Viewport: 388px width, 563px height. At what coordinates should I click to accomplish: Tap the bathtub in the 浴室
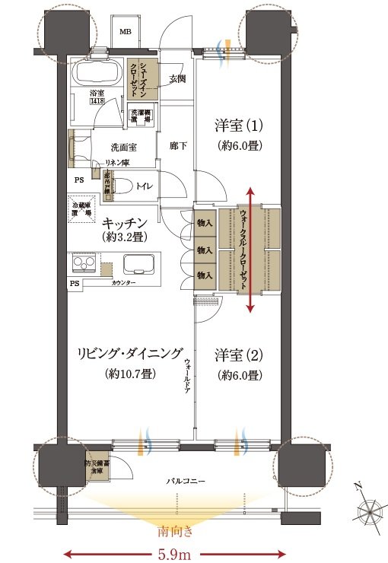point(97,75)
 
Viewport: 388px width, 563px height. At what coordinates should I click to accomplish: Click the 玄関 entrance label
point(177,78)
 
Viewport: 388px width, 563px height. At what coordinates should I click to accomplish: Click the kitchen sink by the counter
point(139,266)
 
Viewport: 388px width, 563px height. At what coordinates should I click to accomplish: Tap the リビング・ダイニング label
point(129,355)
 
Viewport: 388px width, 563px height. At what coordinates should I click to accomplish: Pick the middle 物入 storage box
point(204,250)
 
